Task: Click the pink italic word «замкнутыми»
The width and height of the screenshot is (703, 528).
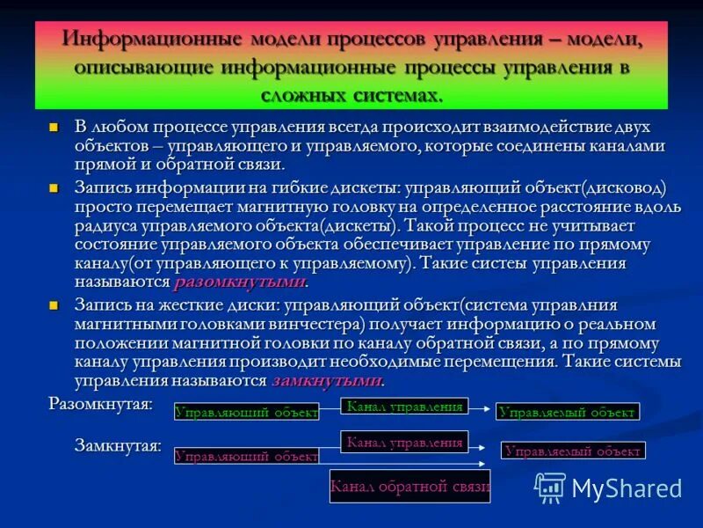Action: click(327, 381)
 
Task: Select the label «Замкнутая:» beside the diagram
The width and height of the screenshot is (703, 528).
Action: click(117, 445)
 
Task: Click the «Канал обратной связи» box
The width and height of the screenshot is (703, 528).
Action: click(409, 487)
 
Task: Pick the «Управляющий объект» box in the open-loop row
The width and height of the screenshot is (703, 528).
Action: click(246, 411)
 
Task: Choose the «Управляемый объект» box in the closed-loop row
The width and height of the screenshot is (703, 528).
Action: click(573, 451)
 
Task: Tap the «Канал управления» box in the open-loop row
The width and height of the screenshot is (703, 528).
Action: click(404, 406)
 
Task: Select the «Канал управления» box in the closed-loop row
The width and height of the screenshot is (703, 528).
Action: click(404, 442)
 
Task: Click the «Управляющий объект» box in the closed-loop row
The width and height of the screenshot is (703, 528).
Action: click(246, 456)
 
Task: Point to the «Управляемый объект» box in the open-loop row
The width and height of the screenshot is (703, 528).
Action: click(567, 411)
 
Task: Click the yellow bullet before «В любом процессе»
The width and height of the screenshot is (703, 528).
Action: click(54, 128)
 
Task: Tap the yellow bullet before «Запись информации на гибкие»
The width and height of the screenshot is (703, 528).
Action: click(54, 188)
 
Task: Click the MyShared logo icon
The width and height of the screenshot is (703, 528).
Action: click(551, 487)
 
